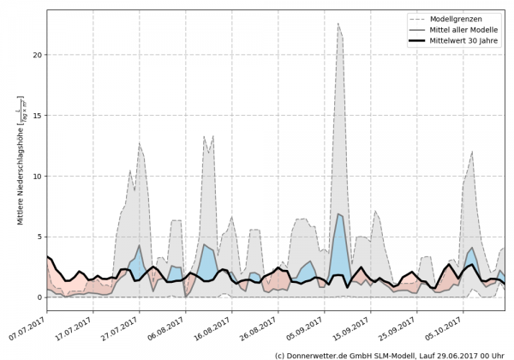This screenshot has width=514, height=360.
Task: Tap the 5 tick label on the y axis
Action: (39, 237)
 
